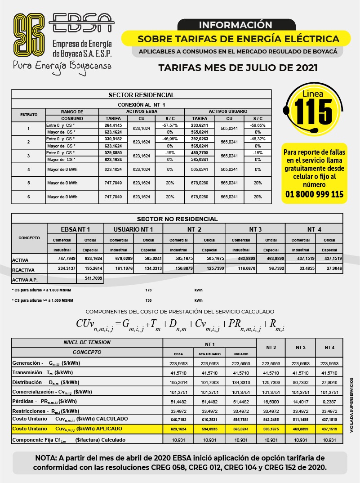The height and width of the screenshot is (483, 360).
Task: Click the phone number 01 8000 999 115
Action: click(x=315, y=194)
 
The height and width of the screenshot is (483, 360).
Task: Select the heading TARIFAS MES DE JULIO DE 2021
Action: click(x=238, y=68)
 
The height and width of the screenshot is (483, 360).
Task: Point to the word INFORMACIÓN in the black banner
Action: click(x=236, y=25)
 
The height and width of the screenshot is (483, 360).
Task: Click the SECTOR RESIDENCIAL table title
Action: click(x=141, y=95)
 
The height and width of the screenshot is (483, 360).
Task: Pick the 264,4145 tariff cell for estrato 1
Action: click(x=113, y=125)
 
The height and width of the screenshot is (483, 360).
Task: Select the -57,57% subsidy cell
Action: click(x=170, y=125)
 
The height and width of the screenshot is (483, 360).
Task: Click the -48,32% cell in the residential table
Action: click(x=258, y=139)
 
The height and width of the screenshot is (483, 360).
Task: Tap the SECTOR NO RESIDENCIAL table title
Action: click(x=177, y=219)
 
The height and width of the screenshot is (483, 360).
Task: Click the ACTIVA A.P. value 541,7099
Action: click(x=91, y=278)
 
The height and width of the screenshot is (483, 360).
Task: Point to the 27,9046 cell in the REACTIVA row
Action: click(x=329, y=268)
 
